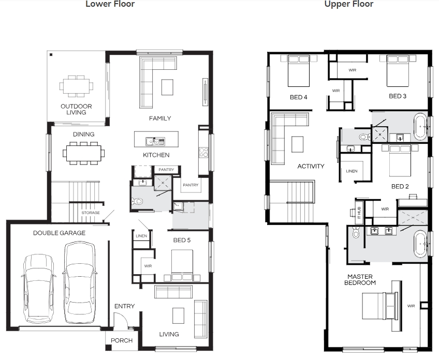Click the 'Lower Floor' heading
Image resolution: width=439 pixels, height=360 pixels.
pos(110,4)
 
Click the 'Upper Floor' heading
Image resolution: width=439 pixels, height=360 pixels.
pos(348,4)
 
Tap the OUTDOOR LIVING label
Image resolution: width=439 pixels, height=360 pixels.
pos(76,109)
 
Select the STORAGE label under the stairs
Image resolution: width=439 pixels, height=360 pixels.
pos(91,213)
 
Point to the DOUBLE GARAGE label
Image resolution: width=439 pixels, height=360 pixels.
pos(60,233)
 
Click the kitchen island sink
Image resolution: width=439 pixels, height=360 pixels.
pos(155,142)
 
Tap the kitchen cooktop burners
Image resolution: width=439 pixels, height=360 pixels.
pos(203,153)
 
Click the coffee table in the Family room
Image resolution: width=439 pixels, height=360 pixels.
pos(167,87)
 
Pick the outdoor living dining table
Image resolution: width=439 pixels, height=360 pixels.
pos(77,86)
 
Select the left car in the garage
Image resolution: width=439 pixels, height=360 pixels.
pos(38,288)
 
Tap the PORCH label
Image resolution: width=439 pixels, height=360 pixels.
pos(122,340)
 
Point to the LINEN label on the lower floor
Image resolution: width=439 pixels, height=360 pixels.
pos(141,236)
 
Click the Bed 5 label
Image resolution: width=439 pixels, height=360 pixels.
pos(182,240)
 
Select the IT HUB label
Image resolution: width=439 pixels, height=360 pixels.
pos(359,212)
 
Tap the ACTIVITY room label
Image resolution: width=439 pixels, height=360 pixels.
pos(311,166)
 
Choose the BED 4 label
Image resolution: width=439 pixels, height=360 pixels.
pos(299,97)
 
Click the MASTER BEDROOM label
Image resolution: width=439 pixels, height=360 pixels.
pos(360,280)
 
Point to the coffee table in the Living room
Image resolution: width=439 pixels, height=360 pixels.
pos(178,316)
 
